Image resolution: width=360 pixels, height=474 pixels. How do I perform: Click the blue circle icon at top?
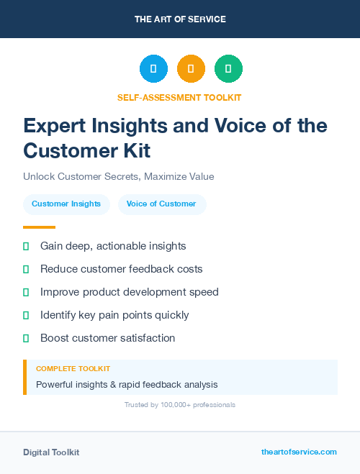pyautogui.click(x=153, y=68)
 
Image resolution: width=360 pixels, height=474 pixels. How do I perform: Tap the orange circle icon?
pyautogui.click(x=191, y=68)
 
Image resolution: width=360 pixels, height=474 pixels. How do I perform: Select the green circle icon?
pyautogui.click(x=228, y=68)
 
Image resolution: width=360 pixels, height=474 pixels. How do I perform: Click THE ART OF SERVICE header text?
pyautogui.click(x=180, y=19)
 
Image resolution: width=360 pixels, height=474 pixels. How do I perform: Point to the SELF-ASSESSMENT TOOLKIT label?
pyautogui.click(x=180, y=97)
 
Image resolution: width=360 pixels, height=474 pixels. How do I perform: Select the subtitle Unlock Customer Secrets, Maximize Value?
pyautogui.click(x=119, y=176)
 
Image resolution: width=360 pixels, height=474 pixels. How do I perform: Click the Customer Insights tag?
pyautogui.click(x=66, y=204)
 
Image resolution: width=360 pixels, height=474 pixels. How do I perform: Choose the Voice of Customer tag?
pyautogui.click(x=161, y=204)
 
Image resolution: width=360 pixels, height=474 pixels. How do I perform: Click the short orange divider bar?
pyautogui.click(x=39, y=227)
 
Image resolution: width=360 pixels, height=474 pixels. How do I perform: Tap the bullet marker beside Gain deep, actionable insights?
pyautogui.click(x=26, y=246)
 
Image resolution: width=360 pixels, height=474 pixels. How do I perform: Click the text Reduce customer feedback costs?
pyautogui.click(x=121, y=269)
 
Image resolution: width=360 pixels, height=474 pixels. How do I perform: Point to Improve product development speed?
pyautogui.click(x=129, y=292)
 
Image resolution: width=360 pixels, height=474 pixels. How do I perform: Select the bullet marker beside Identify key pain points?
pyautogui.click(x=26, y=315)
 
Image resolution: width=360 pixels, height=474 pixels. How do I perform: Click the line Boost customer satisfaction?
pyautogui.click(x=107, y=338)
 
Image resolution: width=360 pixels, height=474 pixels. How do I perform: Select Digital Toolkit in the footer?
pyautogui.click(x=51, y=452)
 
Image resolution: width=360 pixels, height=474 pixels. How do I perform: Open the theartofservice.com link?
pyautogui.click(x=299, y=452)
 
